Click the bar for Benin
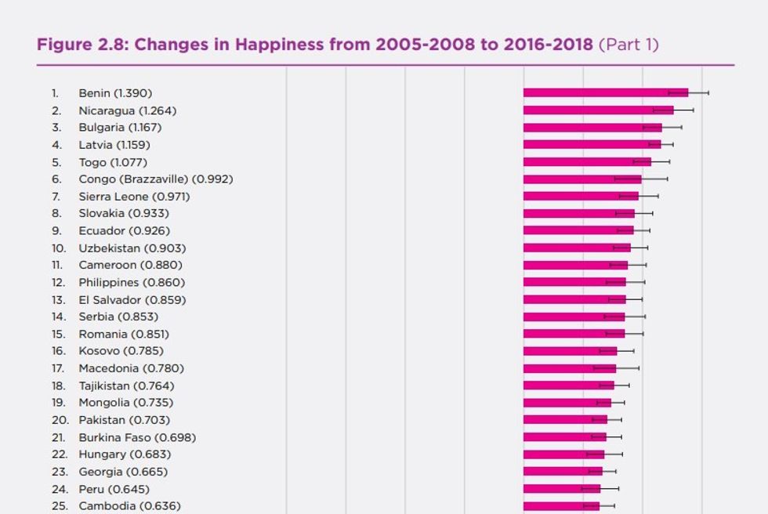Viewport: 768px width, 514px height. pyautogui.click(x=605, y=92)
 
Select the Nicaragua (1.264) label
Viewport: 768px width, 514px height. pyautogui.click(x=127, y=110)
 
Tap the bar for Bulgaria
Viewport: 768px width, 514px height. pyautogui.click(x=592, y=127)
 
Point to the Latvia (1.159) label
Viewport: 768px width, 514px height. pyautogui.click(x=114, y=145)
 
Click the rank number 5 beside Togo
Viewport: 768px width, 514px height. pyautogui.click(x=56, y=162)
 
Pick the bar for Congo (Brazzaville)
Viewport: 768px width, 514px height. pyautogui.click(x=582, y=179)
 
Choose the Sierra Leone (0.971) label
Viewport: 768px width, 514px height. pyautogui.click(x=134, y=196)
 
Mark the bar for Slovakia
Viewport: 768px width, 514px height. pyautogui.click(x=578, y=213)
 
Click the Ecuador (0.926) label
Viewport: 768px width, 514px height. pyautogui.click(x=124, y=230)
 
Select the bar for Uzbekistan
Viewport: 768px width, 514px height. pyautogui.click(x=577, y=248)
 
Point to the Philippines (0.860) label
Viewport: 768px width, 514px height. pyautogui.click(x=132, y=282)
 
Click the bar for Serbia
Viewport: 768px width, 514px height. pyautogui.click(x=574, y=317)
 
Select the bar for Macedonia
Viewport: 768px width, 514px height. pyautogui.click(x=570, y=367)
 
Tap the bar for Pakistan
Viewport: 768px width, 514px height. pyautogui.click(x=565, y=420)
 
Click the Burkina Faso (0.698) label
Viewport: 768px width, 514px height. pyautogui.click(x=137, y=437)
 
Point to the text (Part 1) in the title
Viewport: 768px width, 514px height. pyautogui.click(x=629, y=44)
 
